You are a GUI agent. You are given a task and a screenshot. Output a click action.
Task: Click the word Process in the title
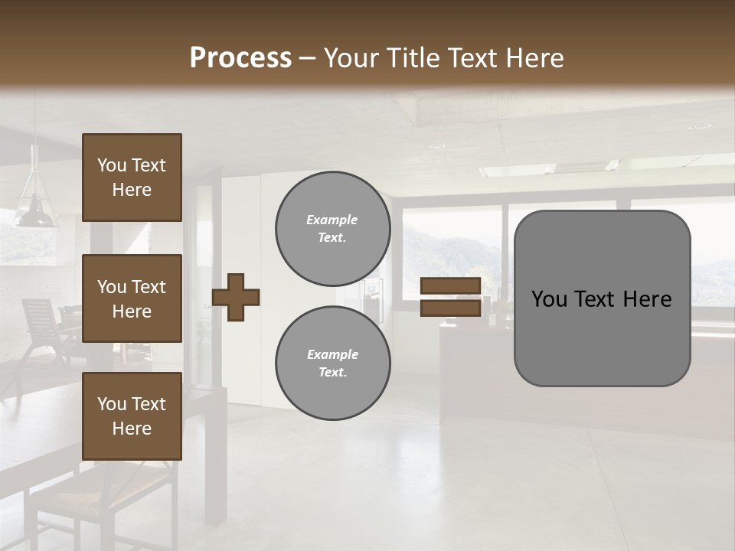pos(240,58)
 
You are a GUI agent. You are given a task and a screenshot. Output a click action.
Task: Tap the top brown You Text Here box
pos(132,178)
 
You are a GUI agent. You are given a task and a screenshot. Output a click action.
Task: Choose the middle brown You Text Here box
pos(132,298)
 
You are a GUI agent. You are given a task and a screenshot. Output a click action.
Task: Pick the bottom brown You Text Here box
pos(132,416)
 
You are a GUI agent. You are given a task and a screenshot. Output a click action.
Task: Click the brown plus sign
pos(236,297)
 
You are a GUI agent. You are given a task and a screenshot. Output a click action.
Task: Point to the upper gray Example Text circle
pos(332,229)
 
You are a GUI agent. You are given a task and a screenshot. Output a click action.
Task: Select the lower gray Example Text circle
pos(332,364)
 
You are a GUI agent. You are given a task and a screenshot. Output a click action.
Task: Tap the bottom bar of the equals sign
pos(450,308)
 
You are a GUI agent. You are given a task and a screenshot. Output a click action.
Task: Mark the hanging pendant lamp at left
pos(34,207)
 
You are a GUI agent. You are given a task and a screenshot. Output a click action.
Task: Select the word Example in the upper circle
pos(332,220)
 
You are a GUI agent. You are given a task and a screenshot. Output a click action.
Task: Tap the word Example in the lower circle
pos(332,354)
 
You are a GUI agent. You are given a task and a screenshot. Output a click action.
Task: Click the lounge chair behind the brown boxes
pos(42,321)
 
